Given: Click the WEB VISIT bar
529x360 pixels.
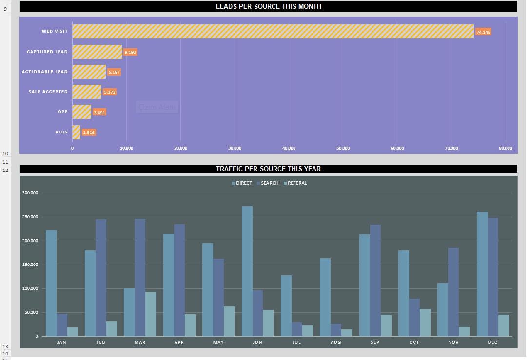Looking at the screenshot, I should (273, 31).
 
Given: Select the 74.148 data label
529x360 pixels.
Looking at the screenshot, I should (483, 32).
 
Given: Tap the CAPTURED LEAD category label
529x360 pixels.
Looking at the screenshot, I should (47, 52).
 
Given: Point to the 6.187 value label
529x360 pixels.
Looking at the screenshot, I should (114, 72).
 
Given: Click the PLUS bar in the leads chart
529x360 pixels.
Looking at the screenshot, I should (76, 132).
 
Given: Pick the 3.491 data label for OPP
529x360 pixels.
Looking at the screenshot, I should (99, 113).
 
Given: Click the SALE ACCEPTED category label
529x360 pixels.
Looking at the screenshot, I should (48, 92).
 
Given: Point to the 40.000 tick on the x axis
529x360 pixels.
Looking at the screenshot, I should (289, 148).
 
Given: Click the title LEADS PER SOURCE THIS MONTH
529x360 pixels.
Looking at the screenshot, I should (268, 6).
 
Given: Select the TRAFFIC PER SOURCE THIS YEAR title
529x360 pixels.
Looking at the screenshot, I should (268, 169).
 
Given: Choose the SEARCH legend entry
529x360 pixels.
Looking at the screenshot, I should (268, 183).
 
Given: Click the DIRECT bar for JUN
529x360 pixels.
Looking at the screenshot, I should (247, 271).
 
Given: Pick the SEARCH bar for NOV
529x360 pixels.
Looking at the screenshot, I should (453, 292).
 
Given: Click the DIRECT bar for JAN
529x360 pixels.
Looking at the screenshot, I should (51, 283).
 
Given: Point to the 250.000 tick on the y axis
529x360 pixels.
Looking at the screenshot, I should (30, 217).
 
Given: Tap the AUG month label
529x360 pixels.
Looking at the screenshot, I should (336, 342).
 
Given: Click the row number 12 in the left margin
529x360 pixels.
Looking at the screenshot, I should (5, 171).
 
